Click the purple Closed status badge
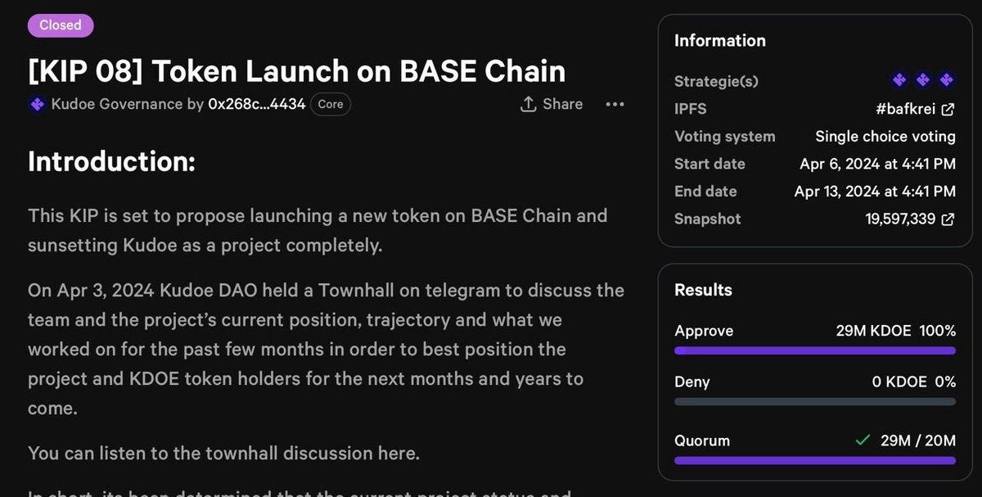(x=61, y=25)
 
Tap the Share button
(x=552, y=104)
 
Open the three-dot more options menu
(x=615, y=104)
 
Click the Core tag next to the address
(x=331, y=104)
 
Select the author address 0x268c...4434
(x=256, y=104)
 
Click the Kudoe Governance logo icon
(x=37, y=104)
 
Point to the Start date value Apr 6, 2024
(x=877, y=164)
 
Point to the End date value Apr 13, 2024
(x=875, y=192)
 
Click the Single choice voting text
(x=885, y=137)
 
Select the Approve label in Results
(x=704, y=331)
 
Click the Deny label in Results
(x=691, y=382)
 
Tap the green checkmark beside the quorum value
(x=862, y=441)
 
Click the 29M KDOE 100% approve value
(x=895, y=331)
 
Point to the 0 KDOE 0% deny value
(x=913, y=382)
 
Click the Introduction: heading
(x=111, y=161)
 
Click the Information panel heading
(x=719, y=40)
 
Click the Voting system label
(x=724, y=137)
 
